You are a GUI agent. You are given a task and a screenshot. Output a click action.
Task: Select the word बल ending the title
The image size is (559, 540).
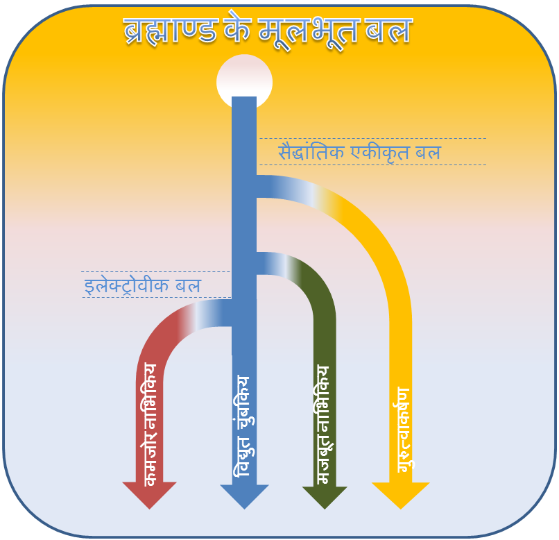tap(390, 31)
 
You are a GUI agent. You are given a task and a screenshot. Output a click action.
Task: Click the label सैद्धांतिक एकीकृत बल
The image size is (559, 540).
tap(359, 151)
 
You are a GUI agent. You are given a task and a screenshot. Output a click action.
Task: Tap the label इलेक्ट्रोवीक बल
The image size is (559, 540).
tap(142, 285)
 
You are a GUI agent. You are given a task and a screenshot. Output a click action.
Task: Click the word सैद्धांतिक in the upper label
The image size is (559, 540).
tap(312, 151)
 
